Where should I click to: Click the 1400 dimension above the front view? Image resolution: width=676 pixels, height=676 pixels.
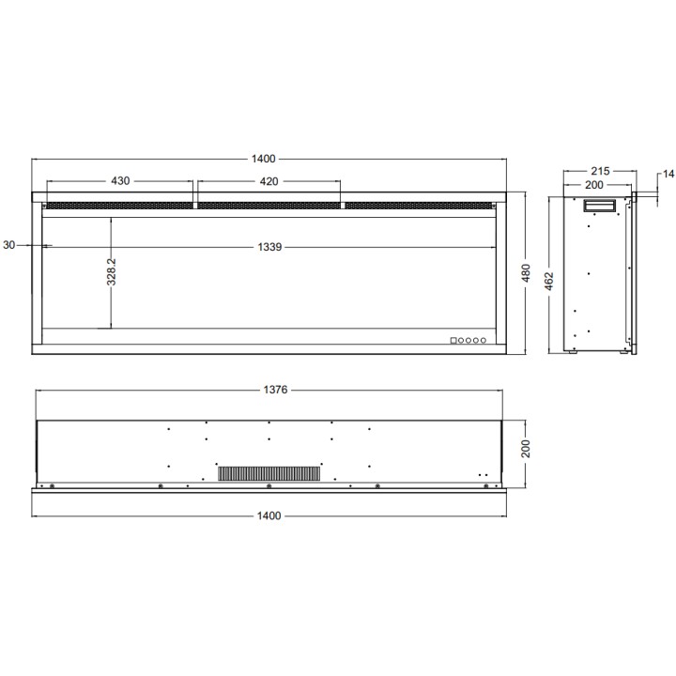(x=264, y=159)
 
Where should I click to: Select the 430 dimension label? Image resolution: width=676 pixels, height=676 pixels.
(x=120, y=181)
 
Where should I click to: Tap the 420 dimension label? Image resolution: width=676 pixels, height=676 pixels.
(x=269, y=181)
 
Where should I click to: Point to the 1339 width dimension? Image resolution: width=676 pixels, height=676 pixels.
(x=269, y=247)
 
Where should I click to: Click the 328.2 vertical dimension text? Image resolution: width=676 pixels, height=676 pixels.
(x=111, y=272)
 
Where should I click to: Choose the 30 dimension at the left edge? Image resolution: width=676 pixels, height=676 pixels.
(x=9, y=245)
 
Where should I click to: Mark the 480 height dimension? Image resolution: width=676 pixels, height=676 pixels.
(x=526, y=273)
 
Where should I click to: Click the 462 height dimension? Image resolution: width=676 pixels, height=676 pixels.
(x=549, y=281)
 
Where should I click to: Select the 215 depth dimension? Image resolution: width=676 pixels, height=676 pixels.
(x=600, y=172)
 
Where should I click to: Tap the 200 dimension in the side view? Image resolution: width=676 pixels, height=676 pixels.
(x=594, y=185)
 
